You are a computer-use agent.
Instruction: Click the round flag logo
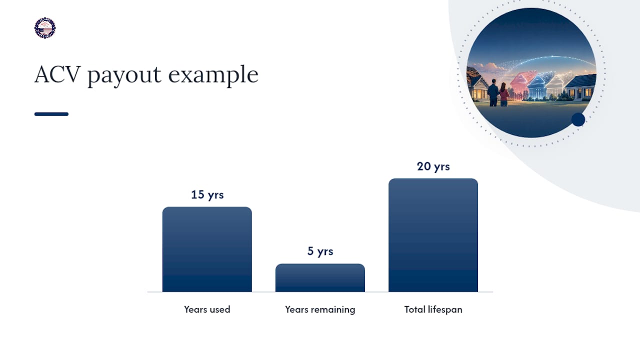click(x=45, y=28)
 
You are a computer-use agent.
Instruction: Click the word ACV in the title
click(x=57, y=74)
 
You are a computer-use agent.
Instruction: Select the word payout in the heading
click(x=124, y=75)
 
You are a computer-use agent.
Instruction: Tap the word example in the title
click(x=213, y=75)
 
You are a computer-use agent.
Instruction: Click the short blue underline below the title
click(x=51, y=114)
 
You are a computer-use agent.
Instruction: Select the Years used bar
click(x=207, y=249)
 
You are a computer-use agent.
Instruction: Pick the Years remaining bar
click(x=320, y=277)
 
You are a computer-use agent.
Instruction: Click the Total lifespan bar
click(x=433, y=235)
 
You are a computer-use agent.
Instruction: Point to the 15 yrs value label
click(x=207, y=195)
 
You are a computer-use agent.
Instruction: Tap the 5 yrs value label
click(x=320, y=251)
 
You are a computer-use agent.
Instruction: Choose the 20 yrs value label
click(x=433, y=166)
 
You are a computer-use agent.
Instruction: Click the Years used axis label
click(x=207, y=309)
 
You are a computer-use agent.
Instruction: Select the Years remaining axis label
click(x=320, y=309)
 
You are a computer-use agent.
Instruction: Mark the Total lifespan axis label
click(x=433, y=309)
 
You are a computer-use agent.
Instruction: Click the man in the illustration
click(x=493, y=92)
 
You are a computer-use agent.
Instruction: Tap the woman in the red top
click(x=503, y=94)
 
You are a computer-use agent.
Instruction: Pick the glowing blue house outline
click(x=537, y=87)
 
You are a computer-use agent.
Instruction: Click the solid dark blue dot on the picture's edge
click(x=578, y=119)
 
